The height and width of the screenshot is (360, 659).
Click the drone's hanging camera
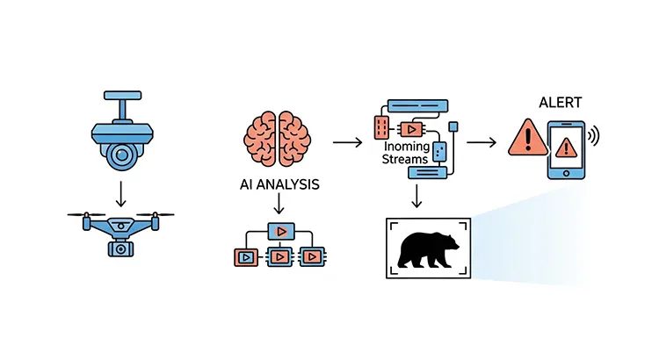pos(118,248)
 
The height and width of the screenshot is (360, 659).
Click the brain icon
pos(278,140)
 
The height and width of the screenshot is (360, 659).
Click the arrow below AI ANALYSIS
pos(278,205)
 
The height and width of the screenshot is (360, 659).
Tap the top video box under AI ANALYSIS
pos(280,230)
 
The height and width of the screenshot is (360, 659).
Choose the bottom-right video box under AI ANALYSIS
pos(312,257)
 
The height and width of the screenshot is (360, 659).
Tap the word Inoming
pos(406,147)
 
